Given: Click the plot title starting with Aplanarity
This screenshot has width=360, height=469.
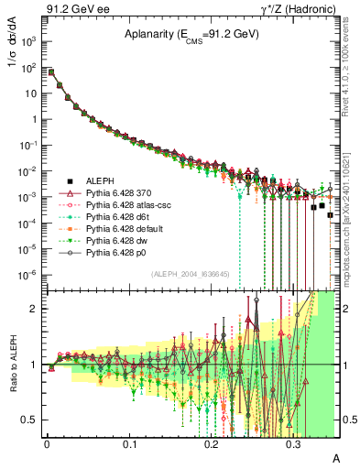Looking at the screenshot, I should click(x=191, y=34).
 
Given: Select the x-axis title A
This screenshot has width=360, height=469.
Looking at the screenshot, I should click(x=336, y=458).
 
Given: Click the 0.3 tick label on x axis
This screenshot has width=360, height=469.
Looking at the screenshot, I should click(x=293, y=443).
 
